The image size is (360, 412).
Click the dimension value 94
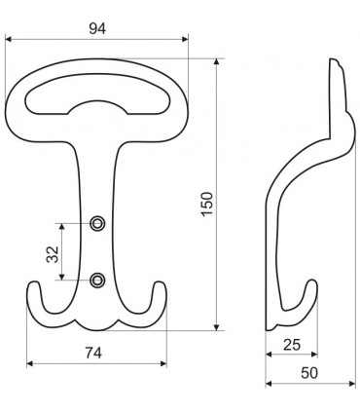tap(97, 29)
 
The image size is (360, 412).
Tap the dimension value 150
tap(207, 204)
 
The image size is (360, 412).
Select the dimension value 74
tap(93, 353)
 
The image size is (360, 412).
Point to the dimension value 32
tap(53, 254)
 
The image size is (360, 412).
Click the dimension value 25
tap(292, 345)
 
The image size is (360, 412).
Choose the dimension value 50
tap(309, 373)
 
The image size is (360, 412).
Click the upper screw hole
tap(97, 223)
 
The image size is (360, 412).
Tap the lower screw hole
tap(97, 280)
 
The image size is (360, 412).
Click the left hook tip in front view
tap(33, 283)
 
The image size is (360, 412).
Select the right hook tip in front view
tap(160, 282)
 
